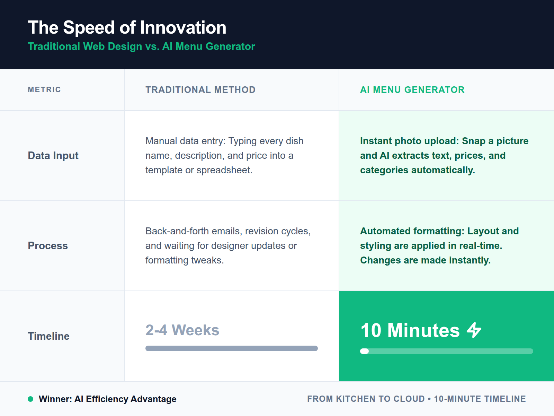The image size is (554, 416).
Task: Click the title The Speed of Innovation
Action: tap(127, 28)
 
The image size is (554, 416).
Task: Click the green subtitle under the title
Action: tap(141, 46)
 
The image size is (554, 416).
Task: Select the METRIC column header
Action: tap(44, 90)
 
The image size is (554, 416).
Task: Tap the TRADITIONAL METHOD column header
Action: tap(200, 90)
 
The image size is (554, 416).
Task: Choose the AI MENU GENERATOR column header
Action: tap(412, 90)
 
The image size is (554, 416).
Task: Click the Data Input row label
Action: tap(53, 156)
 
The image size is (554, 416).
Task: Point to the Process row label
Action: tap(48, 246)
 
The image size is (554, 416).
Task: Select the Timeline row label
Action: tap(48, 336)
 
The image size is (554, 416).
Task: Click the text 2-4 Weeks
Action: tap(182, 330)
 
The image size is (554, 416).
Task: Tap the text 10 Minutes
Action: tap(410, 330)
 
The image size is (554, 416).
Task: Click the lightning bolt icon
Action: tap(474, 330)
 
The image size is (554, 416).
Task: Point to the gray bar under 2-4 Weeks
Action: tap(231, 348)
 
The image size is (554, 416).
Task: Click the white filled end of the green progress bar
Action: tap(364, 351)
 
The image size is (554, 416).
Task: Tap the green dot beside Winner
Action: tap(30, 399)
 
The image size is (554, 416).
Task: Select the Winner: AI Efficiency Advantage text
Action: tap(107, 399)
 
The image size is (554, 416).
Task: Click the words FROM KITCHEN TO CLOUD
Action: tap(366, 399)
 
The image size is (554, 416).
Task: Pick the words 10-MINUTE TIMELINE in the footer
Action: tap(480, 399)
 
